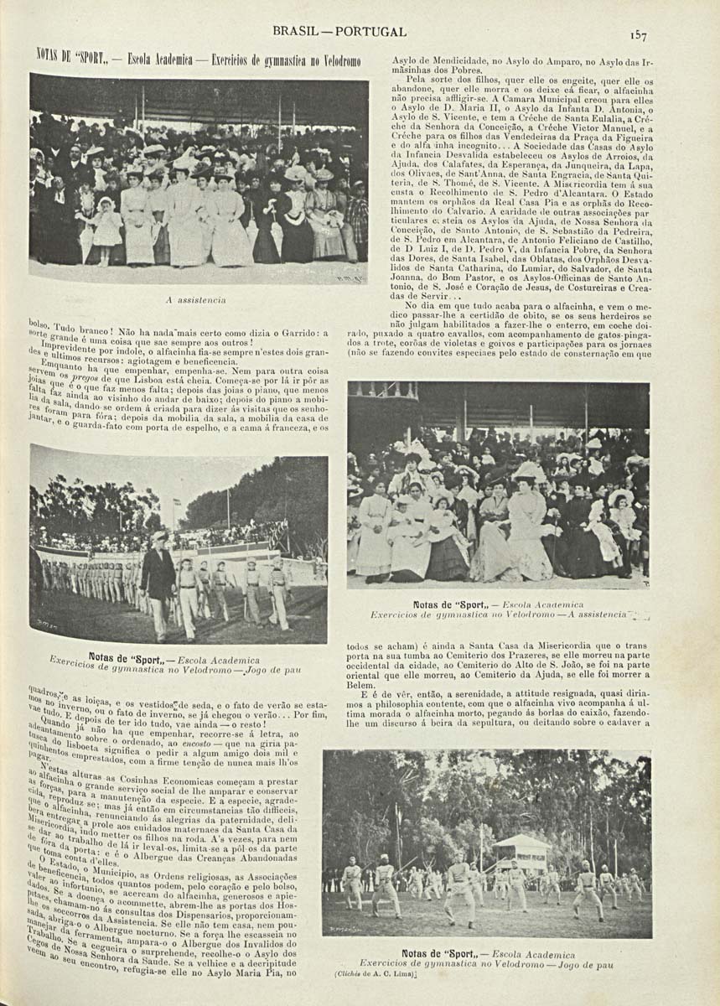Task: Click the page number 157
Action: tap(639, 34)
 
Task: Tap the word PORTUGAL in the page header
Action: tap(372, 32)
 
